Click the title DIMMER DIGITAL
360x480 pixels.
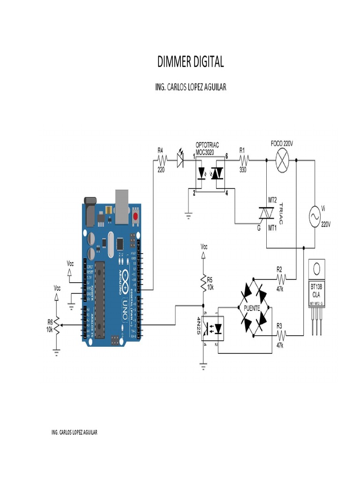190,61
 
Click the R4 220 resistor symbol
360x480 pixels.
161,160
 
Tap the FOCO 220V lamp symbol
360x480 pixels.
282,161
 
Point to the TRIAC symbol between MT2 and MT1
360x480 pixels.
267,213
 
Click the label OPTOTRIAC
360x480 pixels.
207,145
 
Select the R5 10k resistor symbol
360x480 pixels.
203,282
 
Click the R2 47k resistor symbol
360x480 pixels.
281,279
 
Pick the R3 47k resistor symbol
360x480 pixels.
281,335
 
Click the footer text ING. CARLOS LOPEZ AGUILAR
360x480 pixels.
75,432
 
